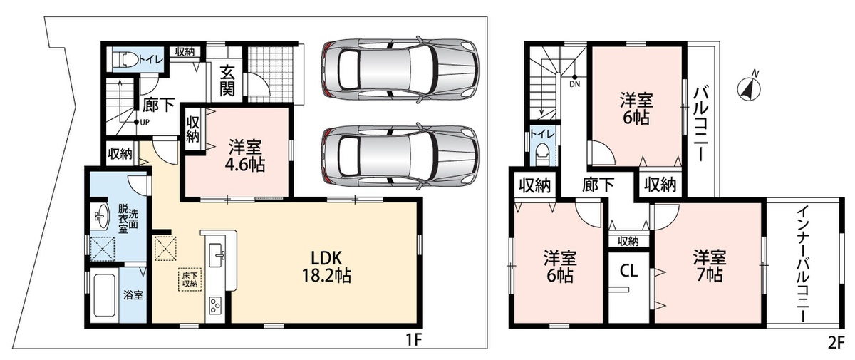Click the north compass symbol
(x=749, y=88)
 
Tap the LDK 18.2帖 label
(x=326, y=267)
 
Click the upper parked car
(x=400, y=70)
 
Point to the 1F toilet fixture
(x=128, y=60)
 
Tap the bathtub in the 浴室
(x=104, y=294)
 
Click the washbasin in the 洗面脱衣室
(x=100, y=217)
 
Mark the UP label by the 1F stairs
(x=145, y=123)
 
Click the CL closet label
(x=628, y=271)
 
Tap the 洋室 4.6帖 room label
(x=244, y=155)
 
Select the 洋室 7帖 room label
(x=710, y=266)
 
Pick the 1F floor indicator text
(x=413, y=340)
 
